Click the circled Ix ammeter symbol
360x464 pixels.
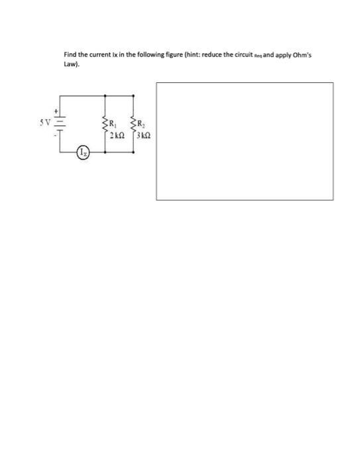click(81, 154)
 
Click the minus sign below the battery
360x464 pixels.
click(56, 138)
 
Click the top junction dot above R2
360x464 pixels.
click(135, 99)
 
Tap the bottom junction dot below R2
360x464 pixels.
click(135, 151)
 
